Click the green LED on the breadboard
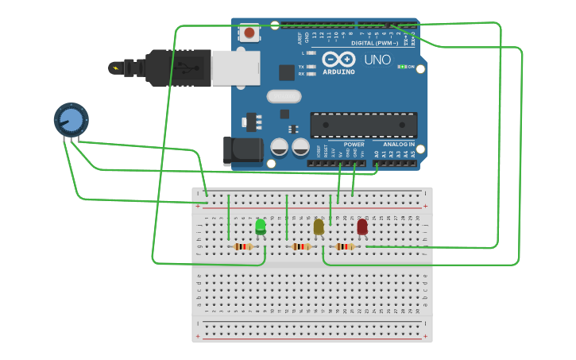tap(261, 226)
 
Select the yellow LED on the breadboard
tap(319, 227)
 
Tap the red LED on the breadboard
tap(362, 226)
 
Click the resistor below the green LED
tap(243, 246)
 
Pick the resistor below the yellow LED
tap(301, 246)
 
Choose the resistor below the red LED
tap(345, 246)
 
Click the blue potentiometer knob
tap(71, 120)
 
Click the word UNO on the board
tap(377, 60)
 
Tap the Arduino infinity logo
tap(339, 60)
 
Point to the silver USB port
tap(235, 68)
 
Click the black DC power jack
tap(242, 151)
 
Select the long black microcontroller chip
tap(363, 125)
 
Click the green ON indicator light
tap(401, 67)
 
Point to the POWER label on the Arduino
tap(354, 145)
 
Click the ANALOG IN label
tap(399, 145)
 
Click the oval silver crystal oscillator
tap(284, 96)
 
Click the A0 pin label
tap(377, 153)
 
